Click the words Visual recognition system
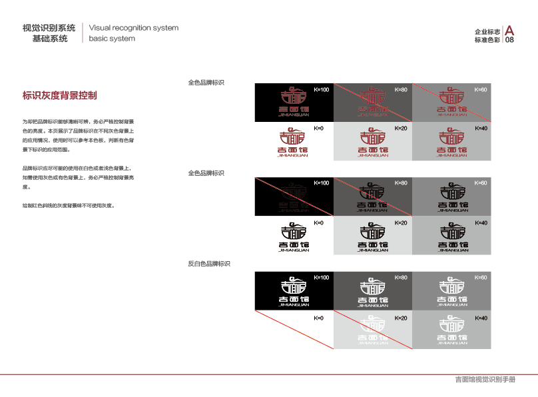(x=133, y=28)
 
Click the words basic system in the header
(x=112, y=39)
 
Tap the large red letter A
(x=509, y=30)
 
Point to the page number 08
(x=509, y=40)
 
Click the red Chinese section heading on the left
(x=60, y=95)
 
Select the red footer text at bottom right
(x=485, y=380)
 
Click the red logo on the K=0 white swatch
(x=293, y=142)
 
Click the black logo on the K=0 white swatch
(x=293, y=236)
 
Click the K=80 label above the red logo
(x=401, y=89)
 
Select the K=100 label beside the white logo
(x=321, y=277)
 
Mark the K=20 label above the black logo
(x=401, y=222)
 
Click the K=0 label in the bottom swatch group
(x=318, y=318)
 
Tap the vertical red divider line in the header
(x=82, y=33)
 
